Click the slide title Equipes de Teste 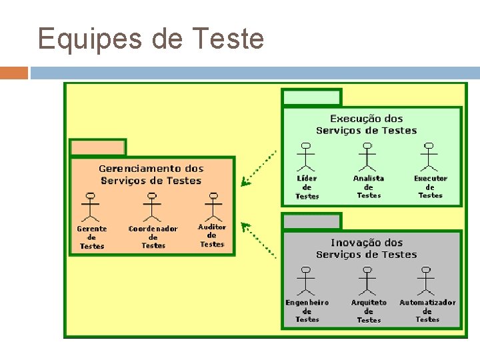tap(151, 39)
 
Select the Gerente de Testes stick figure tap(91, 207)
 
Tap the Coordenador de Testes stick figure tap(153, 207)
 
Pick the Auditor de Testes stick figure tap(213, 207)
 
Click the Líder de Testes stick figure tap(306, 157)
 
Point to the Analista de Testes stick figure tap(367, 157)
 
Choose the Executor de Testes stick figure tap(429, 157)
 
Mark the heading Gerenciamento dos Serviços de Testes tap(151, 175)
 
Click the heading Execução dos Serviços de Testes tap(367, 125)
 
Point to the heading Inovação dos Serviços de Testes tap(367, 249)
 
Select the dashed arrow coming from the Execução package tap(259, 168)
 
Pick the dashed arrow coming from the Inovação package tap(259, 240)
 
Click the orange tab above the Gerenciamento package tap(98, 147)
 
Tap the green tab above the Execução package tap(311, 97)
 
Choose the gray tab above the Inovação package tap(311, 221)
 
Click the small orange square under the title tap(14, 73)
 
